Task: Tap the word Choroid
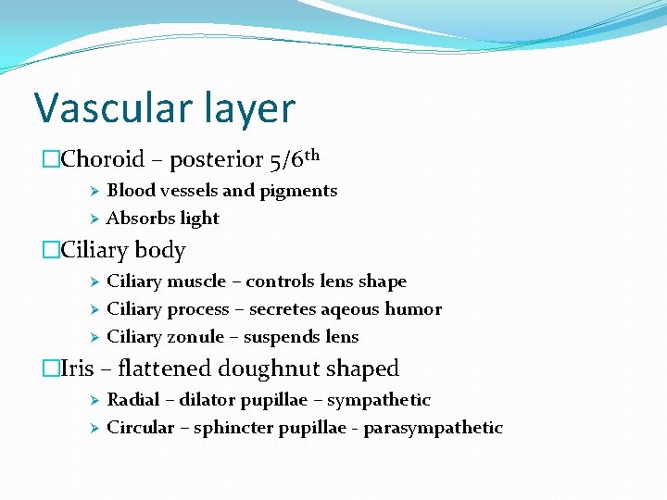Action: coord(103,159)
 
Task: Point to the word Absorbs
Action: coord(136,219)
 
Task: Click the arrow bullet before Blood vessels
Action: coord(93,191)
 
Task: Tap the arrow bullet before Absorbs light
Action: coord(93,219)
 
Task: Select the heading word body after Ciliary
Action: coord(160,251)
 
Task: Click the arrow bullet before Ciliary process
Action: coord(93,309)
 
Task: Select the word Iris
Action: coord(77,369)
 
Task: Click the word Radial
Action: coord(132,400)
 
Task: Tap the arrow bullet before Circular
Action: coord(93,428)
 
